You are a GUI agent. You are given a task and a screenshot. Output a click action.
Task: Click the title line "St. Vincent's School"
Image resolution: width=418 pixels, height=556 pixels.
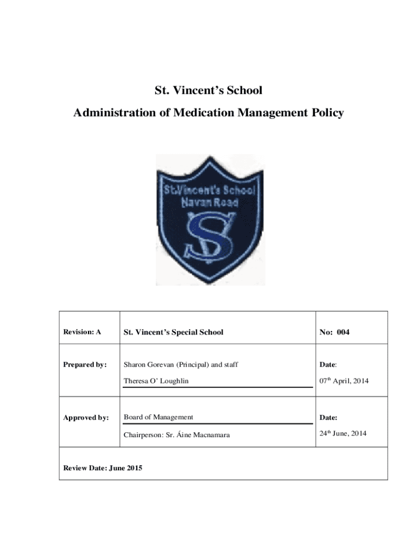(x=208, y=90)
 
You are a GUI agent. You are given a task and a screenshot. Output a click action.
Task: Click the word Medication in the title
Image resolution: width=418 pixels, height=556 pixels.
(x=199, y=113)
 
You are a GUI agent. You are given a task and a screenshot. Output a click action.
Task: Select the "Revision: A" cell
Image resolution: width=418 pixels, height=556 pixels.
(x=82, y=332)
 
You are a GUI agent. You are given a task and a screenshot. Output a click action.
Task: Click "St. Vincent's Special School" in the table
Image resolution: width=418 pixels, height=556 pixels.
(x=173, y=332)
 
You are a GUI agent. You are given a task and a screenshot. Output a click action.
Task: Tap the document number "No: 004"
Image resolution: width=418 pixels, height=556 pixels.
(x=334, y=332)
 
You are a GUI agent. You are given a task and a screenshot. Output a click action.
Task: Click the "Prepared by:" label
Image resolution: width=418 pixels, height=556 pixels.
(x=85, y=365)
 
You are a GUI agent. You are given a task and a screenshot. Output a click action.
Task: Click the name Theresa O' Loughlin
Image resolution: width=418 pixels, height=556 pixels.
(x=156, y=381)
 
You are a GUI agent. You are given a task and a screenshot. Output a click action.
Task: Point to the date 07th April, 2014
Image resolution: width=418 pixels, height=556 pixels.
(x=344, y=381)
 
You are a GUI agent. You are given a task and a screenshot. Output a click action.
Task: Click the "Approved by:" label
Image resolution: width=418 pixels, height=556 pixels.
(x=86, y=418)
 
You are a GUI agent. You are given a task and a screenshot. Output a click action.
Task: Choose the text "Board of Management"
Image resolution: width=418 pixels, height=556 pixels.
(x=158, y=417)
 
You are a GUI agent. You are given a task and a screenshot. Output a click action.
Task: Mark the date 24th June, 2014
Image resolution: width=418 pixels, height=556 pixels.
(x=343, y=433)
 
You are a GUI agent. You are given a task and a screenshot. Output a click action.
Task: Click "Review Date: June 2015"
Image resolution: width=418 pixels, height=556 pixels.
(x=103, y=468)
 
